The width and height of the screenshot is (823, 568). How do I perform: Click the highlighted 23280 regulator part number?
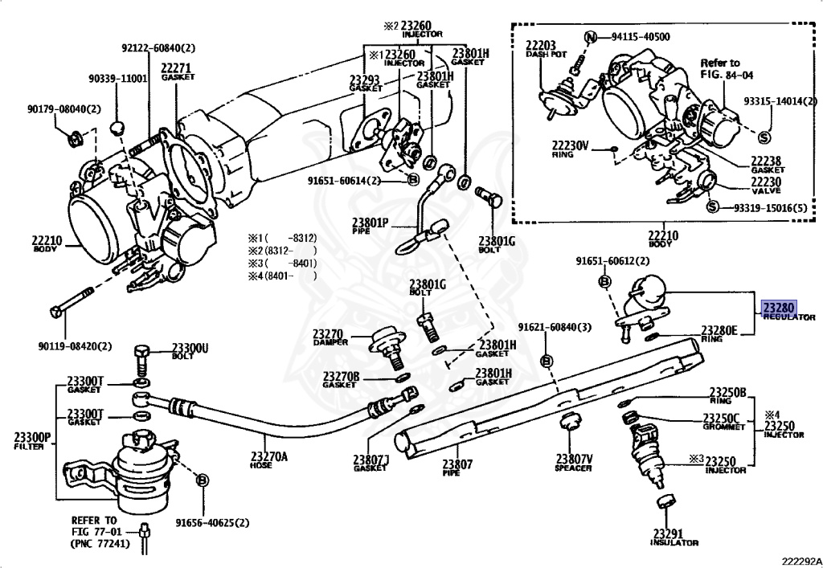click(x=778, y=307)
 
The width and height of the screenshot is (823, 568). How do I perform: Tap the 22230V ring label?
click(x=570, y=148)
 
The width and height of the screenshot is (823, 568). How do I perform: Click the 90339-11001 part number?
click(x=117, y=79)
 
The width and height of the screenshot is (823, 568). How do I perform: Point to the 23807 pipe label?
click(x=458, y=465)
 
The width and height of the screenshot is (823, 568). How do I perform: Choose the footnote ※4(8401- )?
click(x=282, y=276)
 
